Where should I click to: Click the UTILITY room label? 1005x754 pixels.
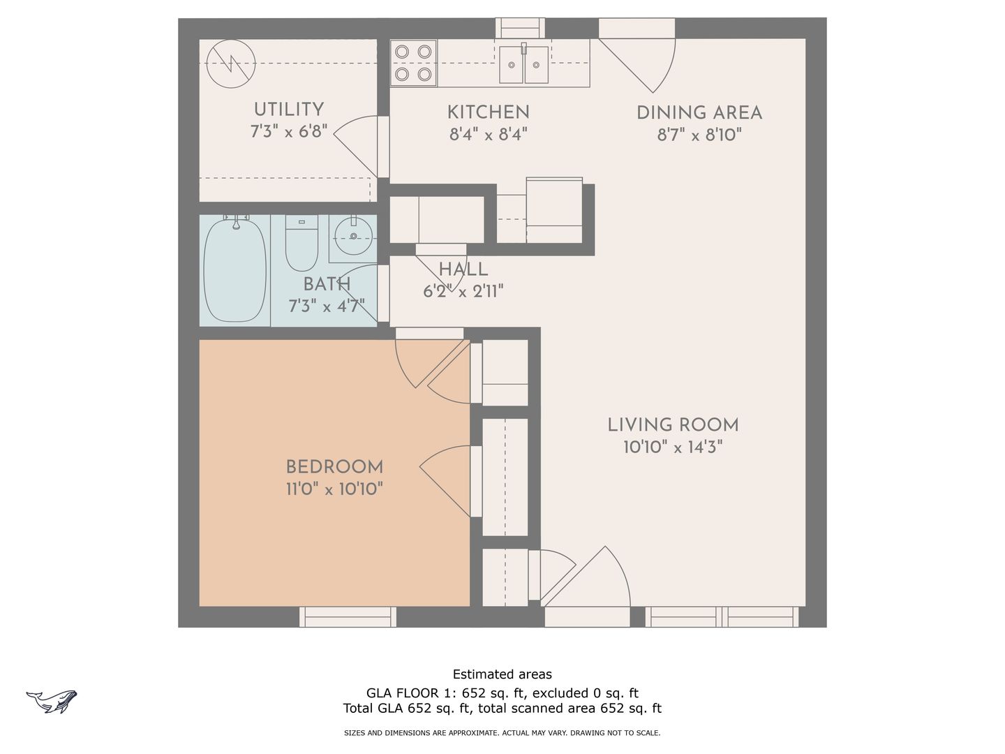(289, 110)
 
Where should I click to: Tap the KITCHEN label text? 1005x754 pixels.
(488, 112)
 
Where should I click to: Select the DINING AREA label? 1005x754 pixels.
(699, 113)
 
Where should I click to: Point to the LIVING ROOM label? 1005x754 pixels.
(673, 425)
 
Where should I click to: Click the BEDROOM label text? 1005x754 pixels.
(335, 467)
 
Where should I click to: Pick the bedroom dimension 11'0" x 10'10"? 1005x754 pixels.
(335, 489)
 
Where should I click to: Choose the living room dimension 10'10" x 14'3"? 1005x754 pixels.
(673, 447)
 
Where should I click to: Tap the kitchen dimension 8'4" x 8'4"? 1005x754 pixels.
(488, 135)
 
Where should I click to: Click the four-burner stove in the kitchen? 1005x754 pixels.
(413, 63)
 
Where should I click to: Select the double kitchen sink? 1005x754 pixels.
(524, 64)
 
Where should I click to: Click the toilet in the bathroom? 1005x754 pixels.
(301, 243)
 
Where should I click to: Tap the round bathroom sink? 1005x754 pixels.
(353, 236)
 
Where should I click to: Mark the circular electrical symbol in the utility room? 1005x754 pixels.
(231, 64)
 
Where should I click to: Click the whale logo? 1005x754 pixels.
(52, 702)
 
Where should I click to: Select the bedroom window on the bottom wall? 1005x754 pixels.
(348, 616)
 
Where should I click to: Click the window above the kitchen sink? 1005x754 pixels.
(520, 28)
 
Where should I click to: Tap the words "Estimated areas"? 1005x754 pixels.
(502, 674)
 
